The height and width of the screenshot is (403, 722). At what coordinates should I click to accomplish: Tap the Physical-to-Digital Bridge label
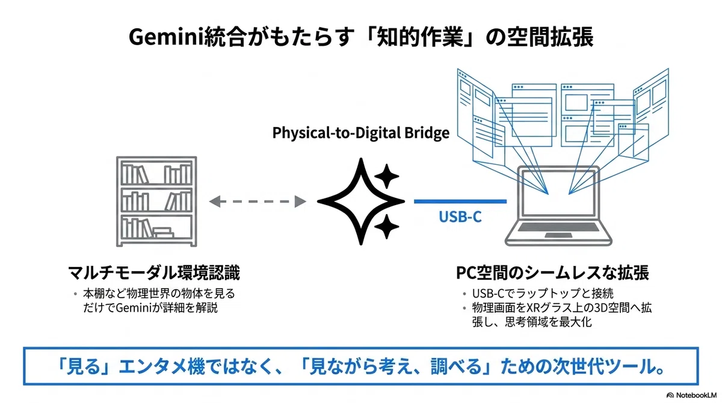coord(360,133)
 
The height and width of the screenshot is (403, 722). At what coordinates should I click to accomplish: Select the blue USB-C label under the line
coord(460,217)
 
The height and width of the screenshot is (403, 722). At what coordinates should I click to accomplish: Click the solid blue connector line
coord(460,202)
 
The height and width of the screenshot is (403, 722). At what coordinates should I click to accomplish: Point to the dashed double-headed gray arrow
coord(258,202)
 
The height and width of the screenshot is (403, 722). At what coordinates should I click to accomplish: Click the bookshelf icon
coord(156,202)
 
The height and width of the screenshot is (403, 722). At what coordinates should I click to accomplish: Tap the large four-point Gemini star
coord(360,202)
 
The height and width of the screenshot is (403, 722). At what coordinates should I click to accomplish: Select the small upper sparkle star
coord(387,176)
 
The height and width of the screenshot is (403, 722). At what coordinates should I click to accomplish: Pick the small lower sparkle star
coord(387,227)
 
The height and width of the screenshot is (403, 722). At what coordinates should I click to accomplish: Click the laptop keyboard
coord(558,227)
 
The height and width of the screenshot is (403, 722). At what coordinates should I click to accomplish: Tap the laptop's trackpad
coord(558,236)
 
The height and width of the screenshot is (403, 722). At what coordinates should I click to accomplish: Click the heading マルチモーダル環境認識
coord(154,273)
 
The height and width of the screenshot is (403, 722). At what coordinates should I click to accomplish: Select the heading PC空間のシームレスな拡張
coord(552,273)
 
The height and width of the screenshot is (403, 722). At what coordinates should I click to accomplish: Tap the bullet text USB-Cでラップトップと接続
coord(543,294)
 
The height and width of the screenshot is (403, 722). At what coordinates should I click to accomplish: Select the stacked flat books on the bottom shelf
coord(163,232)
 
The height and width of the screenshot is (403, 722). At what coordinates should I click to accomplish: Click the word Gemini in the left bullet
coord(134,308)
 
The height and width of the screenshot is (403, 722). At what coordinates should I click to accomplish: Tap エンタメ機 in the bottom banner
coord(161,366)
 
